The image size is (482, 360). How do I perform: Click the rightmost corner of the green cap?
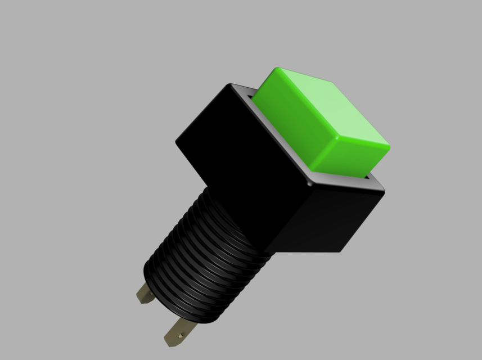point(389,147)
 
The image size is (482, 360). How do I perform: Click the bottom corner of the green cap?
point(313,172)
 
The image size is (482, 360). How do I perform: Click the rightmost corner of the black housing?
point(384,190)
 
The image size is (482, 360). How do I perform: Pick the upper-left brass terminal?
point(145,293)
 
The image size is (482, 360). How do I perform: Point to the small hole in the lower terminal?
point(180,336)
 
